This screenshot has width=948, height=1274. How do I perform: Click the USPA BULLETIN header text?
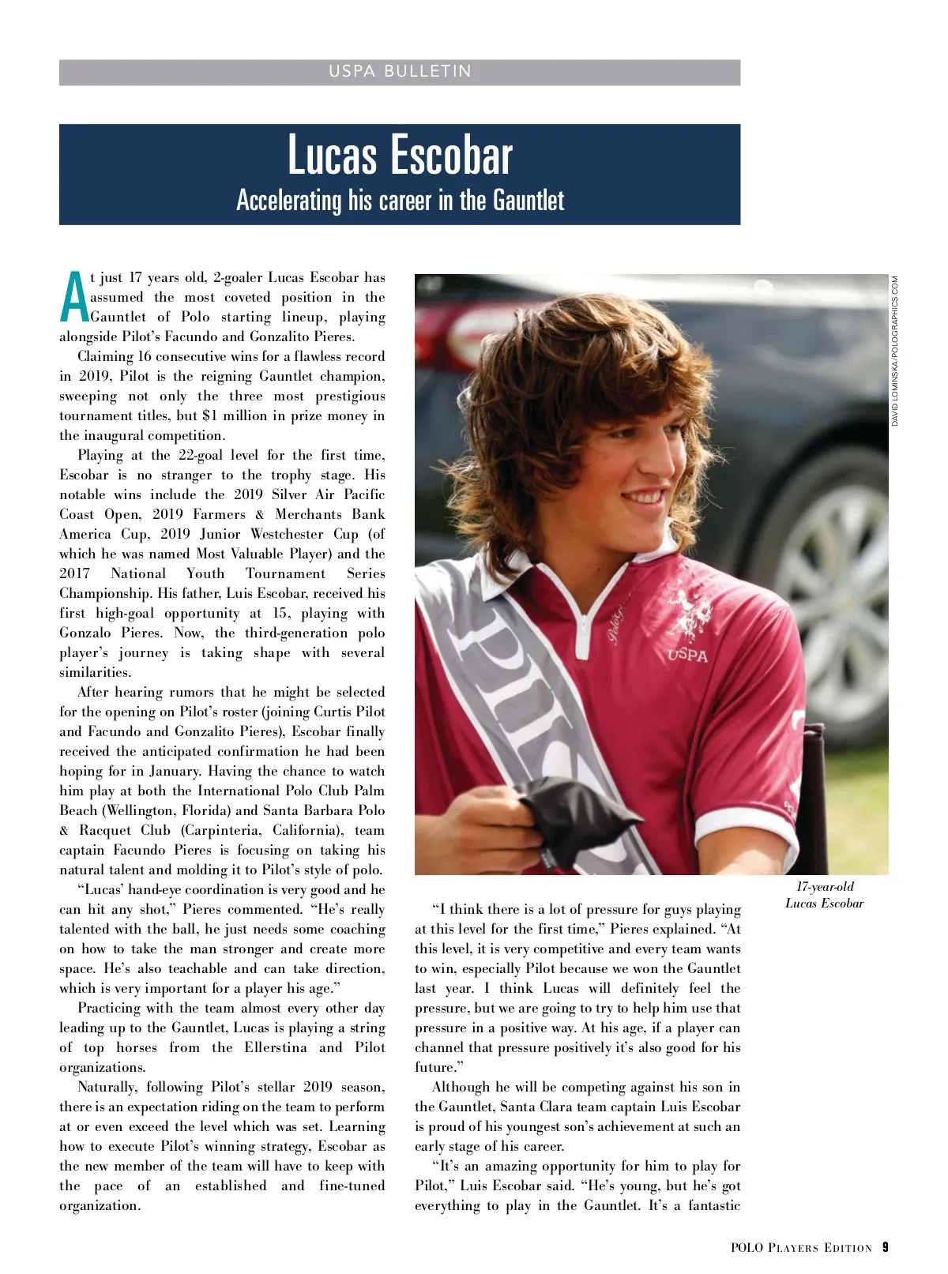click(x=400, y=72)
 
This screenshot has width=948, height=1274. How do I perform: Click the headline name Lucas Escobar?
click(x=400, y=156)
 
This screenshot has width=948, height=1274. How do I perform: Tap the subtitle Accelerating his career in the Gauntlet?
click(x=400, y=201)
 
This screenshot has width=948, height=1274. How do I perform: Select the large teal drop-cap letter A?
click(x=73, y=298)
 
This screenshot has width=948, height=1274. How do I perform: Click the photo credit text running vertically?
click(x=895, y=351)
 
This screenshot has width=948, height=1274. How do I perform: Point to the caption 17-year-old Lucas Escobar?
click(x=824, y=895)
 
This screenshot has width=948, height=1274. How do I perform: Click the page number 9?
click(x=886, y=1247)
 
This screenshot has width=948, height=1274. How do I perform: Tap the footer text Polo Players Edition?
click(x=801, y=1248)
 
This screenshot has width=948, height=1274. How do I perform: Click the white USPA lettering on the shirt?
click(x=687, y=655)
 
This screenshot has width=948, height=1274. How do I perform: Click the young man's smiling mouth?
click(x=641, y=499)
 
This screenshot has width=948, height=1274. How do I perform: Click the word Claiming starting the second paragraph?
click(x=105, y=357)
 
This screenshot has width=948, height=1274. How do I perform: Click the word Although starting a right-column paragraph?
click(x=461, y=1088)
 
